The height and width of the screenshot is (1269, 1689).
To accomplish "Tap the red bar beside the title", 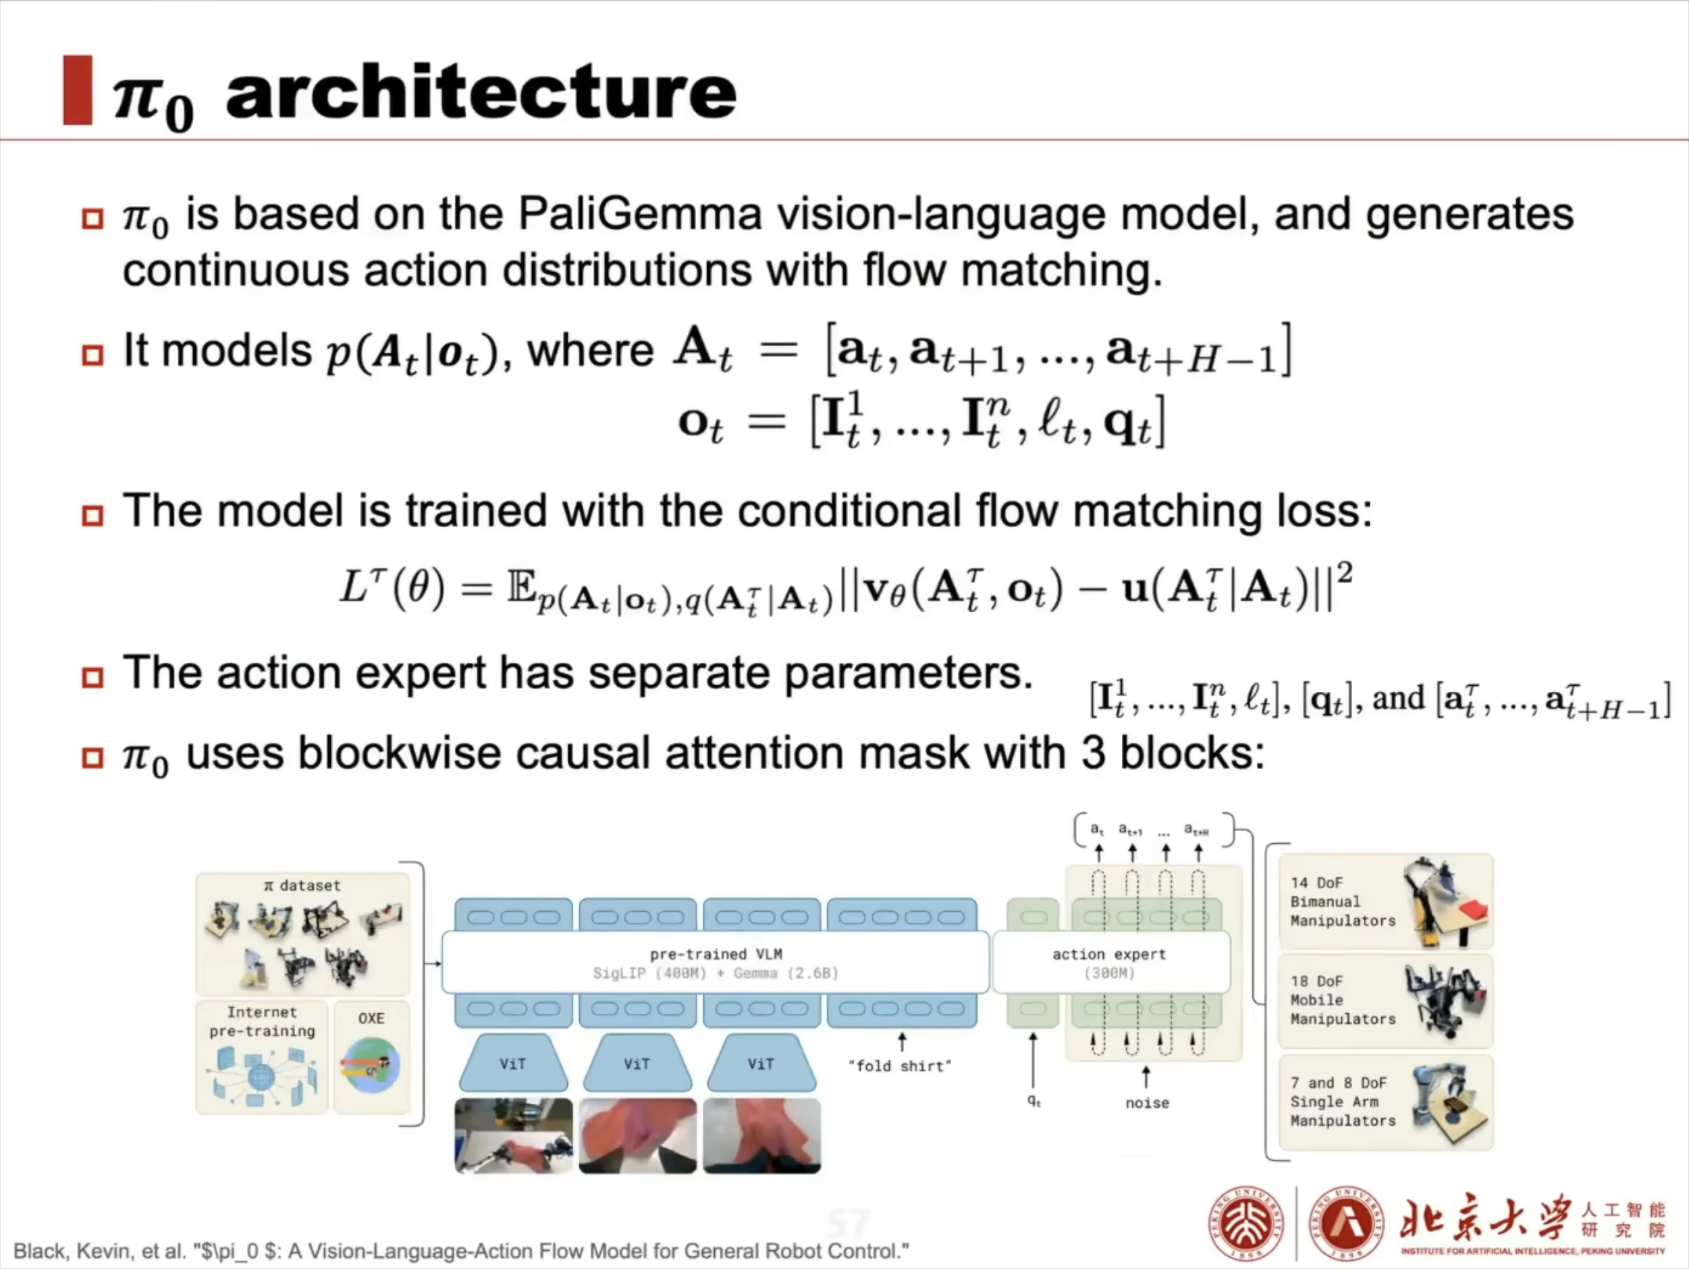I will [77, 90].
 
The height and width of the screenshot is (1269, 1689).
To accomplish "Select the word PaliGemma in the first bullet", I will [640, 214].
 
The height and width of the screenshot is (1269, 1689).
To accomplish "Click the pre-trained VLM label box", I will [716, 962].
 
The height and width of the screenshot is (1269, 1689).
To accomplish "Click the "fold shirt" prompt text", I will [901, 1066].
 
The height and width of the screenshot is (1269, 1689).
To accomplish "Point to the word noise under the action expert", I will [1147, 1102].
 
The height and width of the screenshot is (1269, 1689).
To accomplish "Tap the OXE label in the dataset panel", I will [371, 1019].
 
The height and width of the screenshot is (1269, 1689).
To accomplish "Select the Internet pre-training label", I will [262, 1022].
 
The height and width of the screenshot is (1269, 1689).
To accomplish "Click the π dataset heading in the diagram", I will [302, 886].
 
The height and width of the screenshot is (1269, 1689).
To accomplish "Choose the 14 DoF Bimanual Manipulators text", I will [1342, 902].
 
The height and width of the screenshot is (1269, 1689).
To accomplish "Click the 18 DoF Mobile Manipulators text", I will [1342, 1000].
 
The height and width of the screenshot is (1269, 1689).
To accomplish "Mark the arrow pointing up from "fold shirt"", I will [902, 1042].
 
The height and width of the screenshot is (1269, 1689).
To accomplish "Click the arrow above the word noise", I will [1146, 1077].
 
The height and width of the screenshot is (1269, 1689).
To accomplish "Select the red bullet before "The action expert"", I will [92, 677].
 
